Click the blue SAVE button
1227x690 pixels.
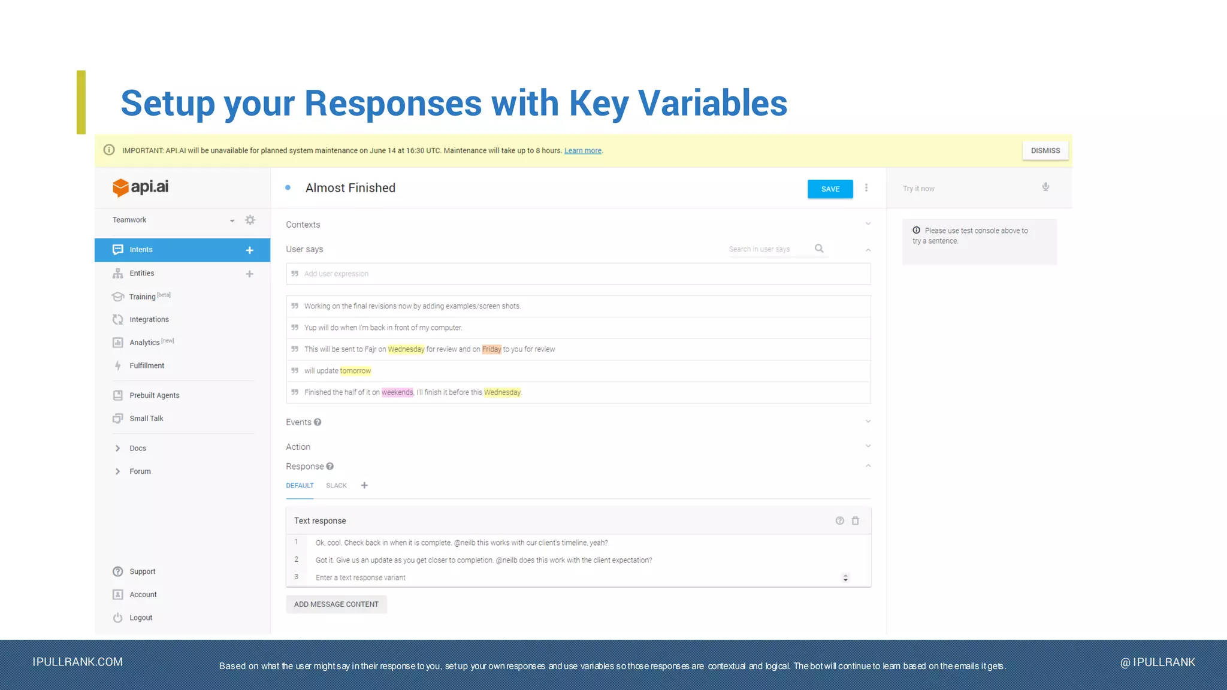click(830, 189)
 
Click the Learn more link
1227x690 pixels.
click(582, 151)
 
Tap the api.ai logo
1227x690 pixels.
click(141, 187)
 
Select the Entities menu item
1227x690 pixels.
click(141, 273)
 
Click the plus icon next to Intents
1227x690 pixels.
click(250, 250)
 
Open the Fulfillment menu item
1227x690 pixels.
click(146, 365)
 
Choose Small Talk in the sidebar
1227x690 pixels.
click(146, 419)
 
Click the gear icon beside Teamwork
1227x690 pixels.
click(250, 220)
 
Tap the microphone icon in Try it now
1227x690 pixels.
click(1045, 187)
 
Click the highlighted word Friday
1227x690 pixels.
click(491, 349)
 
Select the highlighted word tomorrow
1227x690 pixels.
click(355, 371)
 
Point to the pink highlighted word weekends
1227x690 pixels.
click(397, 392)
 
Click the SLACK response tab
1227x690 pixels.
click(336, 486)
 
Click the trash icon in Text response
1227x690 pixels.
click(856, 520)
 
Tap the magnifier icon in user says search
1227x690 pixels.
click(819, 249)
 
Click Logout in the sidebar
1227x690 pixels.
click(141, 618)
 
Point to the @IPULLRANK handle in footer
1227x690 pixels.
click(1158, 662)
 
